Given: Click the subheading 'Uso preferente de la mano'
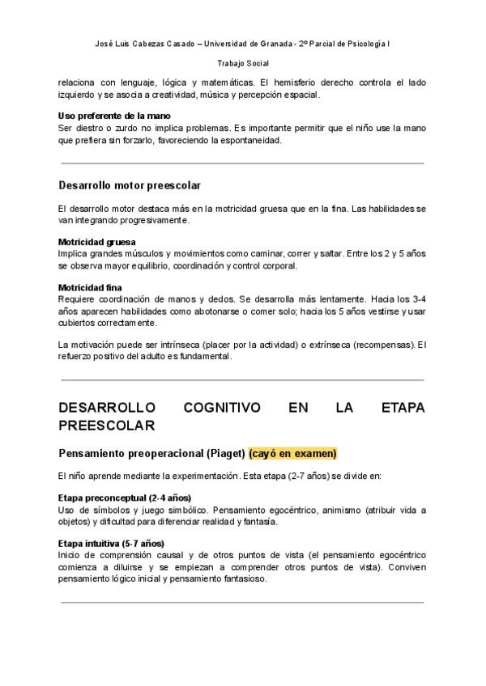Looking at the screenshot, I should click(x=114, y=116).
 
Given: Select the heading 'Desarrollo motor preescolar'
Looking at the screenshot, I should click(x=130, y=186).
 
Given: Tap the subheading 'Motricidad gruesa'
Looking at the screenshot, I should click(x=97, y=242).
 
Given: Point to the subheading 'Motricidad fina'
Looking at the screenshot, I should click(x=90, y=287).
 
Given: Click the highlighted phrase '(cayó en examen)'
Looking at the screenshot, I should click(x=292, y=453).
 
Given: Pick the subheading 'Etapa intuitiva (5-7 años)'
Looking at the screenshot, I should click(x=111, y=544).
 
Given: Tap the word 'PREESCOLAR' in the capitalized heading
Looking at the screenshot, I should click(x=107, y=426).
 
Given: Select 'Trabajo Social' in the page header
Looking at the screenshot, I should click(x=243, y=62).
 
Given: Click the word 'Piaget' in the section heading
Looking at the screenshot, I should click(x=225, y=453).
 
